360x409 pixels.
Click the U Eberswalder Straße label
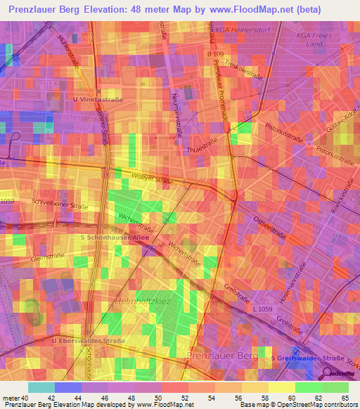click(89, 341)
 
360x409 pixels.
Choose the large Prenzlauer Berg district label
click(223, 356)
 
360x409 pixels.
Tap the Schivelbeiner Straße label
click(59, 204)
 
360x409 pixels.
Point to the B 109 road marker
click(216, 53)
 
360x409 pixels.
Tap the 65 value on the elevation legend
click(345, 398)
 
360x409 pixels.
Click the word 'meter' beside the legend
click(11, 398)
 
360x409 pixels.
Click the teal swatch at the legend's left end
click(41, 387)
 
